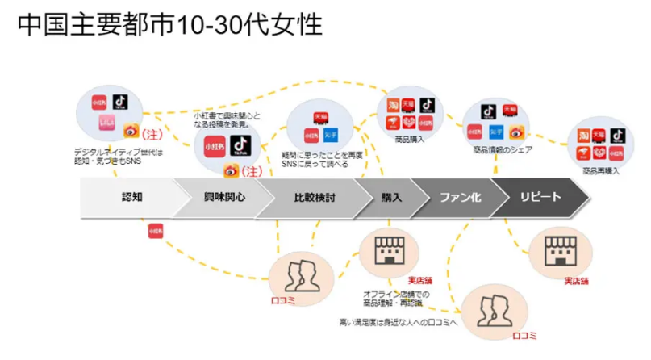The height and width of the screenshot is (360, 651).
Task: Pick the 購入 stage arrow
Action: pos(392,197)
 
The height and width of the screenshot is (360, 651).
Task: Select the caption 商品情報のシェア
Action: pos(499,149)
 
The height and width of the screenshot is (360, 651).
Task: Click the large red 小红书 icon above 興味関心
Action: pos(214,145)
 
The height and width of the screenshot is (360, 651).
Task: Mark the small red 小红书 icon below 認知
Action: pos(156,231)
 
